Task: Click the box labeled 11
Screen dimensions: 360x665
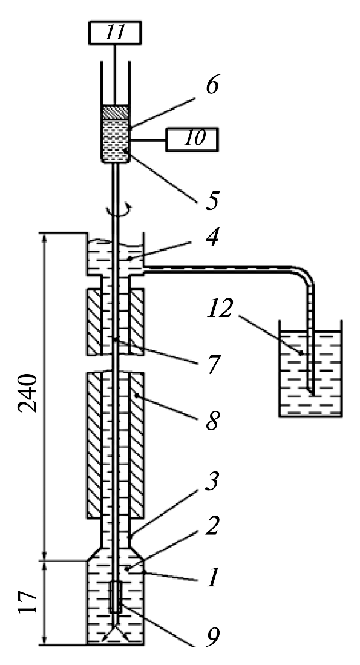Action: coord(114,33)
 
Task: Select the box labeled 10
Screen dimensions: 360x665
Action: coord(192,139)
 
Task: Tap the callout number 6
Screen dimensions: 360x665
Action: coord(212,86)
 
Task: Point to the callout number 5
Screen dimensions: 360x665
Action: coord(212,200)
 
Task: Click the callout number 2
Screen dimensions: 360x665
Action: coord(212,526)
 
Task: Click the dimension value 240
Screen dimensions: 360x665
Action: coord(28,393)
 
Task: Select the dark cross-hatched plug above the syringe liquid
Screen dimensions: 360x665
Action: coord(115,113)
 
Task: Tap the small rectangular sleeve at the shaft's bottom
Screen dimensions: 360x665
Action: coord(116,597)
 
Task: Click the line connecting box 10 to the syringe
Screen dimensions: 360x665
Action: coord(148,140)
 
